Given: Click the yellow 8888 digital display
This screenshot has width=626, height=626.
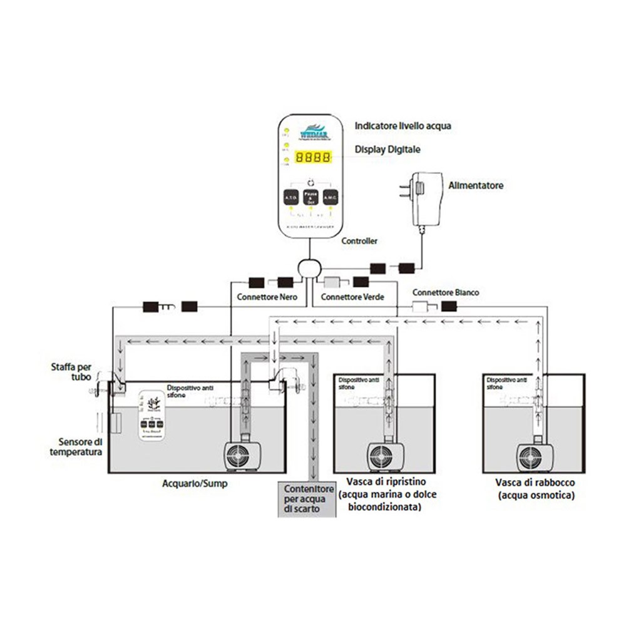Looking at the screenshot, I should [x=313, y=159].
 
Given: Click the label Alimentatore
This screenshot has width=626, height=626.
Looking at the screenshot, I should [x=476, y=186].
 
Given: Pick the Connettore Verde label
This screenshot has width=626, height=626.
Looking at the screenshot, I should [x=352, y=297].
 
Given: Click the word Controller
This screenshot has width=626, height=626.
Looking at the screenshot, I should [x=359, y=240].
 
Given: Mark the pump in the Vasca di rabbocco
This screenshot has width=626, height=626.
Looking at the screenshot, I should [x=533, y=457].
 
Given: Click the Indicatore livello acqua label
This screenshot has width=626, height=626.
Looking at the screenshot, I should [x=403, y=126].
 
